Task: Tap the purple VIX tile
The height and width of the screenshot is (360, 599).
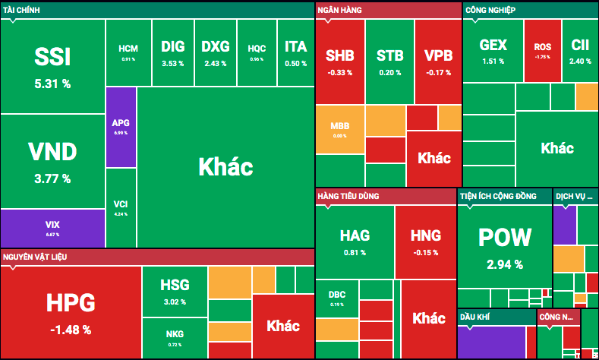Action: pos(52,227)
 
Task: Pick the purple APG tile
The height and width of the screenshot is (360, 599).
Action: pos(121,126)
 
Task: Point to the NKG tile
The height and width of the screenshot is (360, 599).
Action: pos(174,337)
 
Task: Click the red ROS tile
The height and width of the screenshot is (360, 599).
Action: pos(542,50)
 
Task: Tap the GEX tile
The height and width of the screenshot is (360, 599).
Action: pos(493,50)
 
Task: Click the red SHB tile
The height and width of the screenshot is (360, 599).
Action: pos(339,61)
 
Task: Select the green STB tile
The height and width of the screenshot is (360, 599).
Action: pos(389,61)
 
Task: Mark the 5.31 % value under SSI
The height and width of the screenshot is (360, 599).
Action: pos(52,84)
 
